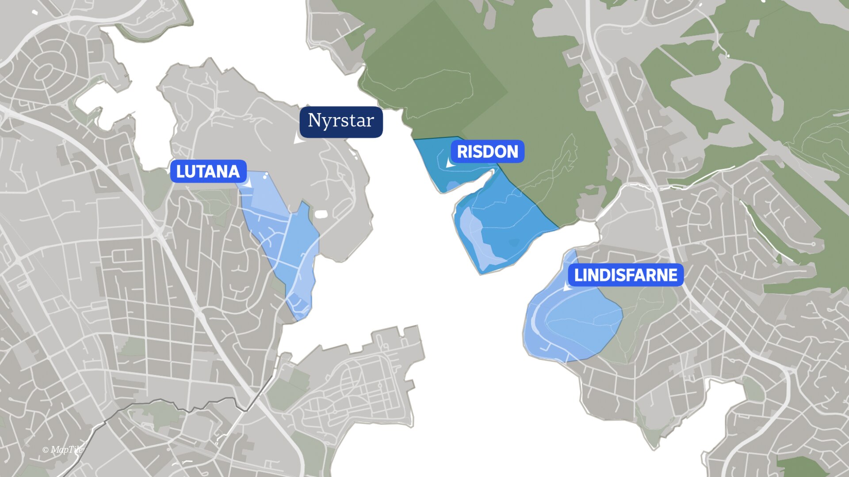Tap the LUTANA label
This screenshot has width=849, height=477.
click(x=208, y=171)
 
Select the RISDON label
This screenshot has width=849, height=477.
click(x=487, y=152)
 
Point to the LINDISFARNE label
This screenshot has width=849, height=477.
click(x=625, y=275)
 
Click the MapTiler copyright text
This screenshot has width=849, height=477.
click(x=63, y=450)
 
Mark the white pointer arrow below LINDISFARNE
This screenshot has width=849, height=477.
click(x=567, y=287)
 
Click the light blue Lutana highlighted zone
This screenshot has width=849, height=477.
click(x=283, y=238)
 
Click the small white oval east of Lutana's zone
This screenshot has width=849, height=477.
click(x=321, y=215)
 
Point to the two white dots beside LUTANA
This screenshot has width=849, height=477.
click(x=265, y=176)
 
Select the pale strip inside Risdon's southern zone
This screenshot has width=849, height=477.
click(x=473, y=238)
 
